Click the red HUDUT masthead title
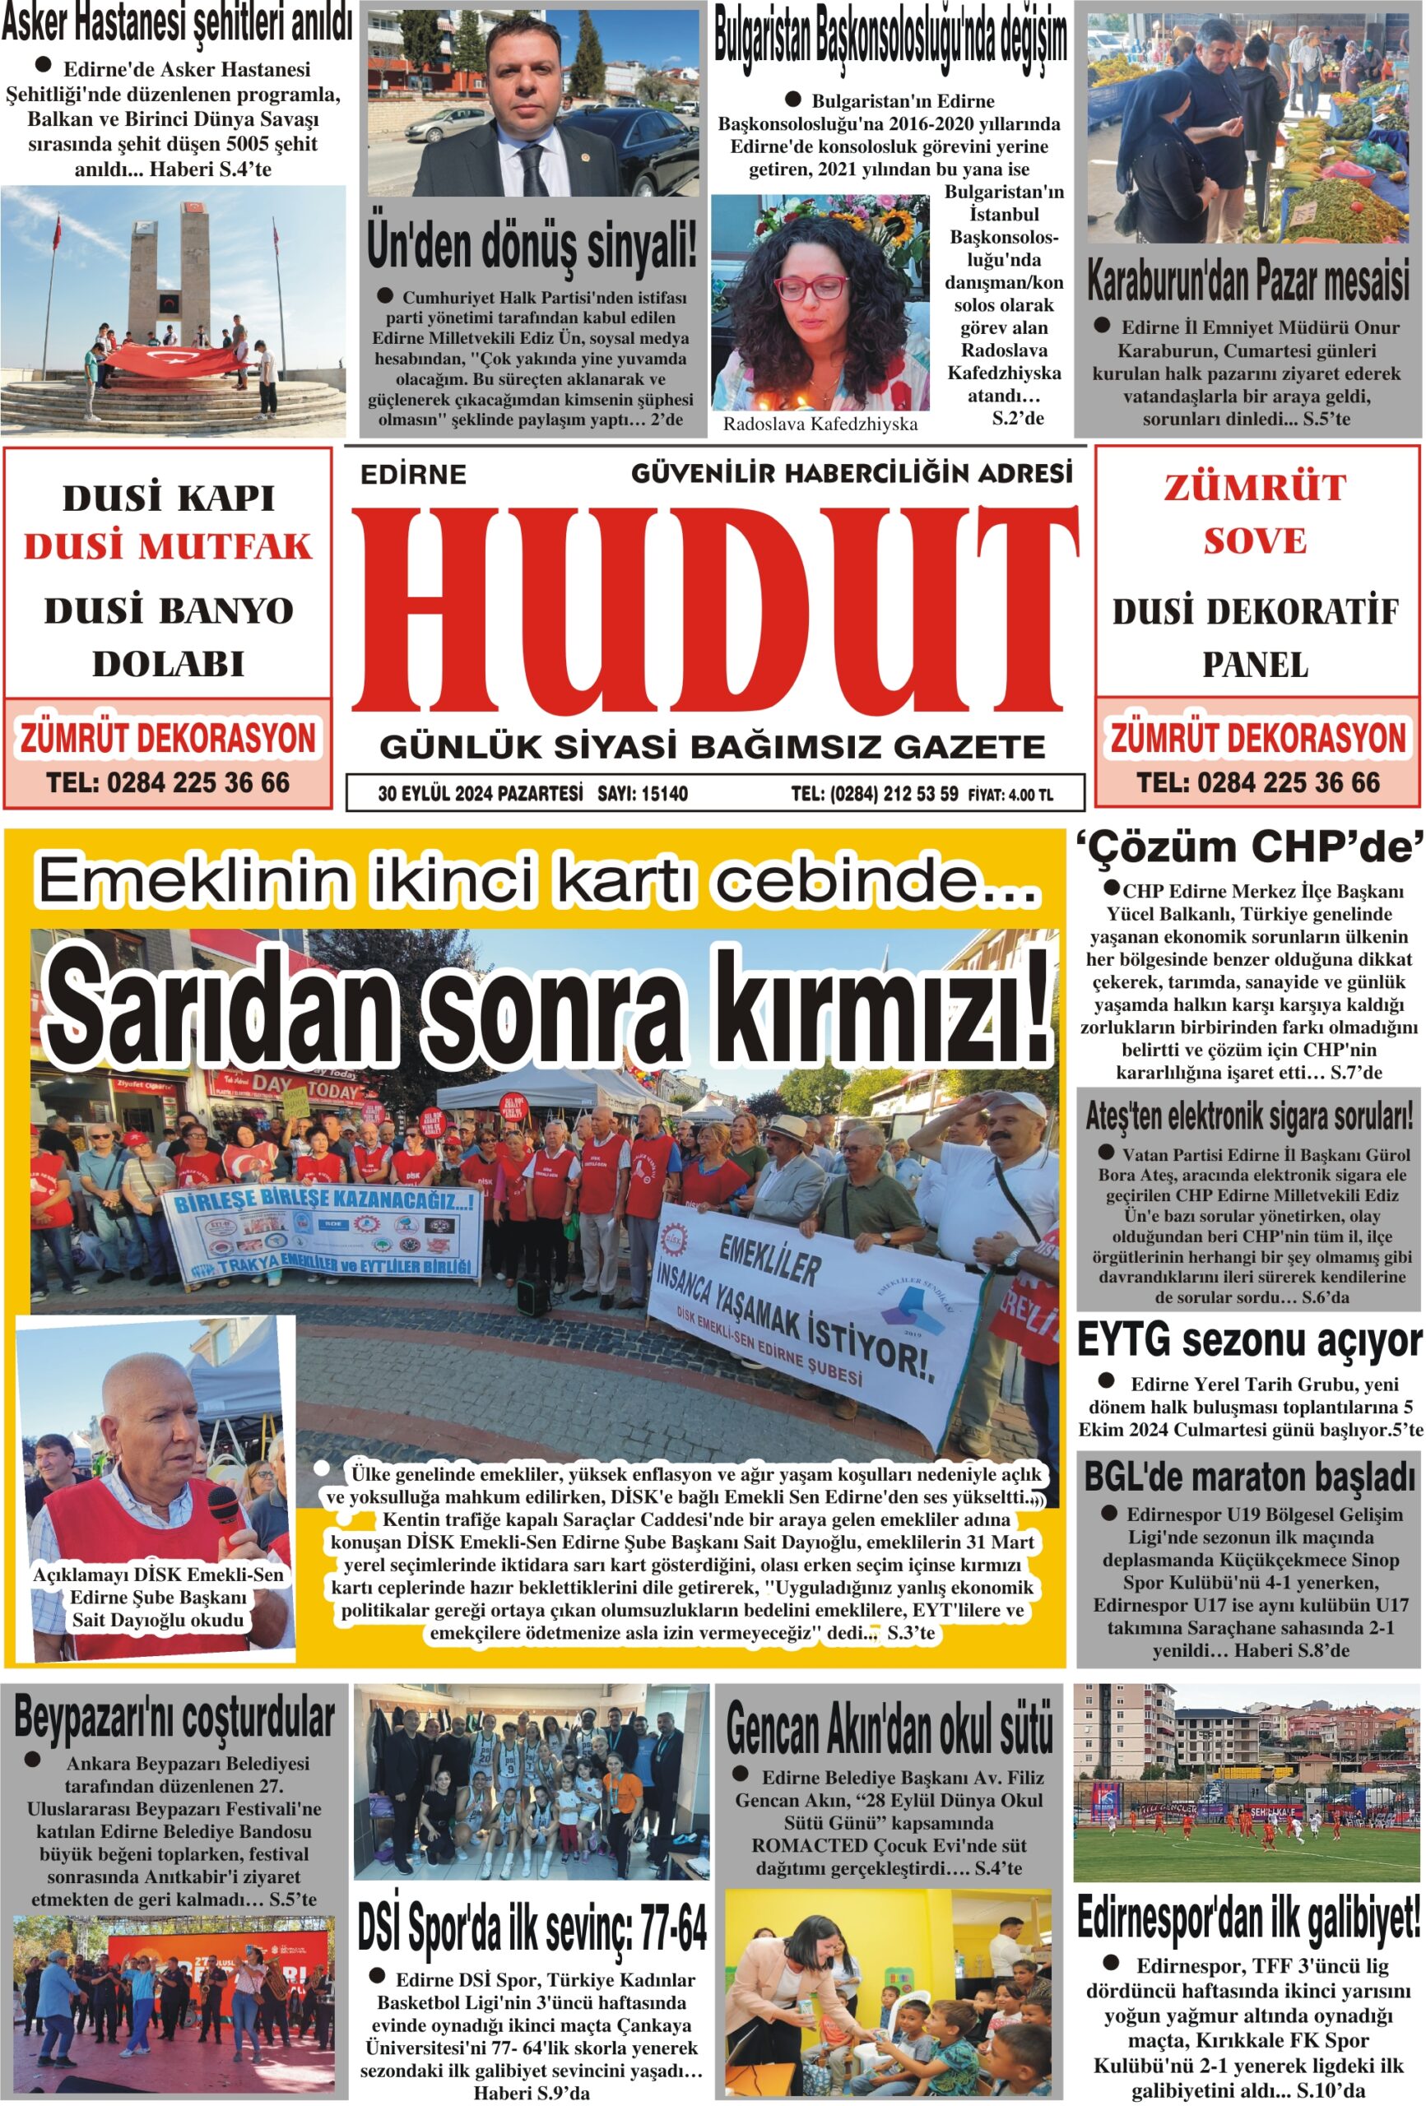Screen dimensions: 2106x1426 pos(716,609)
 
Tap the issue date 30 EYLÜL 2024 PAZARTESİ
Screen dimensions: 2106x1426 pos(480,795)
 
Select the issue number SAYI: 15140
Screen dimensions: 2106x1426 pos(642,795)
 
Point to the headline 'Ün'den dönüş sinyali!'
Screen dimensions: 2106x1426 pos(532,244)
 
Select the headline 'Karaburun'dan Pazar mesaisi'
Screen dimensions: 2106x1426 pos(1247,281)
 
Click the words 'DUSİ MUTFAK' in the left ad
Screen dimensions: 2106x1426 pos(168,547)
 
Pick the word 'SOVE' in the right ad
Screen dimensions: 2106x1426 pos(1255,541)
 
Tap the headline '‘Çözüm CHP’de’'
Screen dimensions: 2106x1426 pos(1249,847)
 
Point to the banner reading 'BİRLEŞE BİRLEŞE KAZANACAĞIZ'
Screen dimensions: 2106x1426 pos(323,1203)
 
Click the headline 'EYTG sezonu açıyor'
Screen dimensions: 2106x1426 pos(1248,1340)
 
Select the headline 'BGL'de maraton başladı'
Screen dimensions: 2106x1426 pos(1248,1477)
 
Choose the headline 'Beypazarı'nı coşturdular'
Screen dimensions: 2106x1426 pos(175,1716)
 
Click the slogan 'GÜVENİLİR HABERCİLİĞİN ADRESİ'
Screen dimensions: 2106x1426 pos(852,473)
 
